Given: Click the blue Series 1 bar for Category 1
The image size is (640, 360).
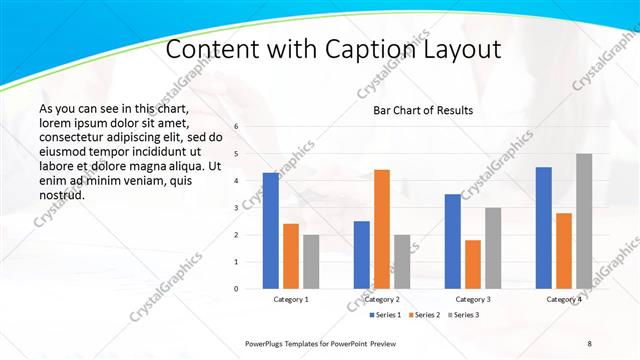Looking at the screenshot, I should coord(271,231).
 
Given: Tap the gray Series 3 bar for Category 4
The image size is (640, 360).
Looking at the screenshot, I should coord(584,221).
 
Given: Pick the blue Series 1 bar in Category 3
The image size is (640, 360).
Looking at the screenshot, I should coord(453,241).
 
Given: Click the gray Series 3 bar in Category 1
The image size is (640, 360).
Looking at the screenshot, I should coord(311,262).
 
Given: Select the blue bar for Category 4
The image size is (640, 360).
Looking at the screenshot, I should coord(544,228).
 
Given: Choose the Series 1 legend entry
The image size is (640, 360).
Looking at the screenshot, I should coord(387,315).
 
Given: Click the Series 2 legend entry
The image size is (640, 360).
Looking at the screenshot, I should coord(425,315).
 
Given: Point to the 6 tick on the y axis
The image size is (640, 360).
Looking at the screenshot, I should coord(236,127).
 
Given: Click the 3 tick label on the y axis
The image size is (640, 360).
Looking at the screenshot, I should coord(236,208).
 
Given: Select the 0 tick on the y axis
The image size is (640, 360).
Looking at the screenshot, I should coord(236,289).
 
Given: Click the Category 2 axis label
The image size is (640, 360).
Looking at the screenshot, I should coord(382,299).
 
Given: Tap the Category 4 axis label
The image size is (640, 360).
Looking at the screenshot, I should coord(564,299).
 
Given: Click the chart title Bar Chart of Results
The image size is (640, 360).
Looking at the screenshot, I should coord(423,110).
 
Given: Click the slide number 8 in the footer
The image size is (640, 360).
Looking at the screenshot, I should coord(589,343).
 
